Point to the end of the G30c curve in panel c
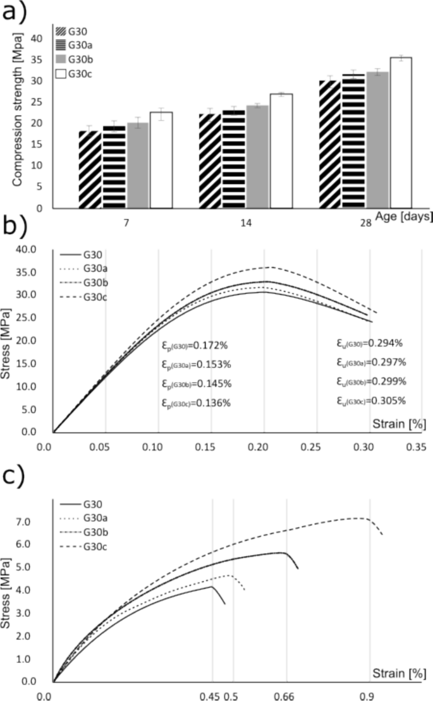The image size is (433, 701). (382, 534)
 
